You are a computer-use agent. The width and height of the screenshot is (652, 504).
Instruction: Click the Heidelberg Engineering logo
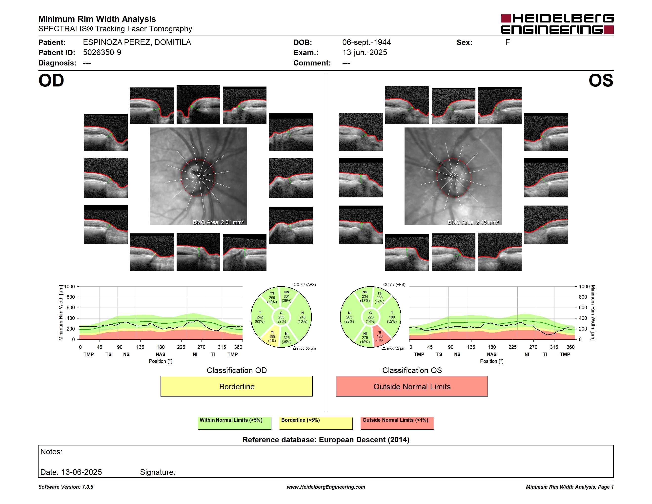(x=557, y=24)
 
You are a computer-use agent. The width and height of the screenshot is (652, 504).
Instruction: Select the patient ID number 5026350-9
(x=102, y=53)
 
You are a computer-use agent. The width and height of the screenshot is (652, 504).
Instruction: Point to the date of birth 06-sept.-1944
(x=366, y=42)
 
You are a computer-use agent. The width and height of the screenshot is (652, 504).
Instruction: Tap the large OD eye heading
(x=51, y=80)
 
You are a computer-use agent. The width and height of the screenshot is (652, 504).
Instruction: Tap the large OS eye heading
(x=601, y=80)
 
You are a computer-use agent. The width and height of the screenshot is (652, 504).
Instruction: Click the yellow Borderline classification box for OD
(x=236, y=386)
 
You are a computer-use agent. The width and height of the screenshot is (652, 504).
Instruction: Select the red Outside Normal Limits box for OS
(x=412, y=386)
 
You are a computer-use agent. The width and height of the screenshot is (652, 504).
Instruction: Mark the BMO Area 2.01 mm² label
(x=218, y=222)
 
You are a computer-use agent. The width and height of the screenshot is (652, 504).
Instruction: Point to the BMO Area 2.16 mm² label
(x=473, y=222)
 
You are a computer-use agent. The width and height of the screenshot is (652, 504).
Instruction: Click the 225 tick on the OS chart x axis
(x=512, y=347)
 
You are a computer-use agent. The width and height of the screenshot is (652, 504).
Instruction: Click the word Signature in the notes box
(x=158, y=472)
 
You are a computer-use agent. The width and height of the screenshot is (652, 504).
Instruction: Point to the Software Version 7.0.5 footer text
(x=66, y=487)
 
